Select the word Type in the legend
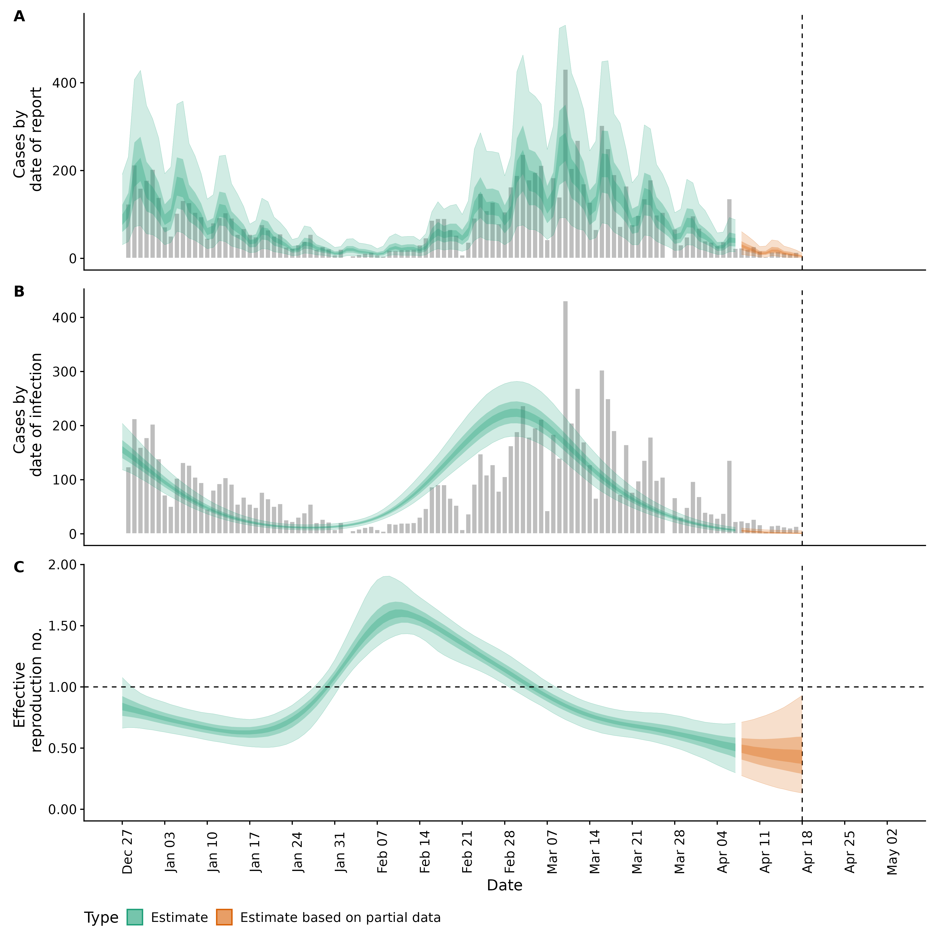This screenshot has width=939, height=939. coord(101,918)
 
